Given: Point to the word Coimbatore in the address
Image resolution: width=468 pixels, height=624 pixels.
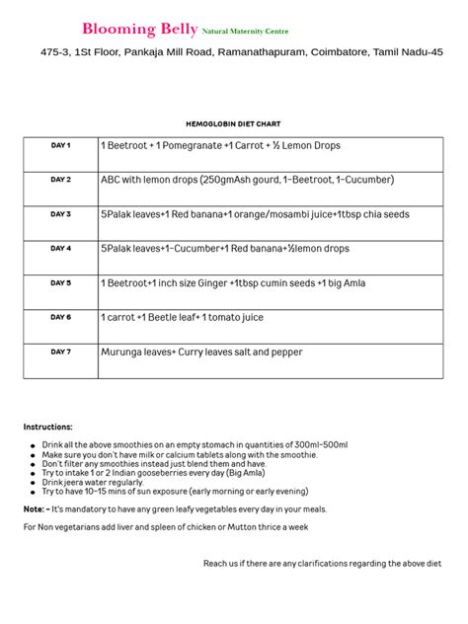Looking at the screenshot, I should click(332, 52).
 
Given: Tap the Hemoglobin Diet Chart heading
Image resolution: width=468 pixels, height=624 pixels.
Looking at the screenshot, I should click(233, 124).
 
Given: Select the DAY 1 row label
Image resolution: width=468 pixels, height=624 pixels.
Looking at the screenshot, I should click(60, 146).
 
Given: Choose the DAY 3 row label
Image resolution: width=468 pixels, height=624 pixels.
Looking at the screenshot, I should click(60, 214).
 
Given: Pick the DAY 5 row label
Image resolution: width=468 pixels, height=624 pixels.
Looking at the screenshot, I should click(60, 283).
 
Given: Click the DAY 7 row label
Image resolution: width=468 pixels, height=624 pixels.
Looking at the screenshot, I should click(60, 351).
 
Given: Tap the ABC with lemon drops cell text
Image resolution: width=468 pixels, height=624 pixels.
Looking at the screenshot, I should click(247, 180).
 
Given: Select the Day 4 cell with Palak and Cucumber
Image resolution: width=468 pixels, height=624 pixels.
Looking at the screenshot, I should click(224, 249).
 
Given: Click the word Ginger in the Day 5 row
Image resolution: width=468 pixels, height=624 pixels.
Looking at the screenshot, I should click(205, 283).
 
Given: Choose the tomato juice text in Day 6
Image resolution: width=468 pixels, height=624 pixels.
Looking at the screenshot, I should click(237, 317).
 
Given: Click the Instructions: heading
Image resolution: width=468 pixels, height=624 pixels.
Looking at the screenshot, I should click(47, 427).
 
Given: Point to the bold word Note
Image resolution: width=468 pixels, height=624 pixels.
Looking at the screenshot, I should click(34, 509).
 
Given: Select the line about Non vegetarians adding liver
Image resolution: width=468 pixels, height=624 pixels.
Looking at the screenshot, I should click(165, 527).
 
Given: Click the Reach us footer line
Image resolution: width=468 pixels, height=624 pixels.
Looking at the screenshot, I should click(321, 563).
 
